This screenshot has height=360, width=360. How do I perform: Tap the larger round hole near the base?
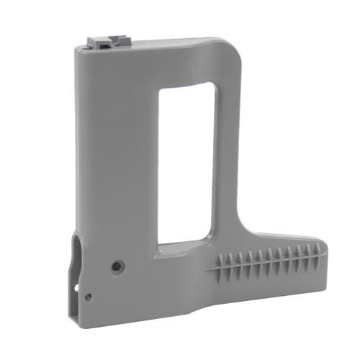(115, 266)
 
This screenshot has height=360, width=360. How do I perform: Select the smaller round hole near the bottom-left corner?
(88, 296)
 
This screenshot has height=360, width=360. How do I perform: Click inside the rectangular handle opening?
(186, 162)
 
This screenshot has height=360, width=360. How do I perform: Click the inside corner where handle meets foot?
(242, 232)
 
